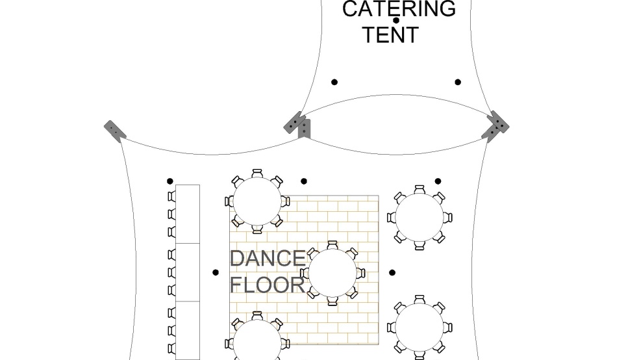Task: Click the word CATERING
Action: click(399, 9)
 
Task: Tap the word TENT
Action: click(390, 34)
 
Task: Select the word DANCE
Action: click(267, 259)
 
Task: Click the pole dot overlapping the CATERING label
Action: click(396, 20)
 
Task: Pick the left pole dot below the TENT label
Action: click(334, 82)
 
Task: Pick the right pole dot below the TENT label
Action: click(458, 82)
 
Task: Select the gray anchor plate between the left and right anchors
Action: click(299, 124)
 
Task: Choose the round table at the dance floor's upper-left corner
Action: click(257, 201)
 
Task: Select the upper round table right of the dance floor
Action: click(420, 217)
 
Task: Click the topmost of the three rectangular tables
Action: click(188, 214)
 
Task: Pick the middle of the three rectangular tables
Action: click(188, 272)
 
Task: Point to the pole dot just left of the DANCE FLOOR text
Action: click(216, 272)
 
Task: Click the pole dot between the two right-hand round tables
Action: click(392, 273)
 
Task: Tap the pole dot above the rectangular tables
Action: click(170, 181)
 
